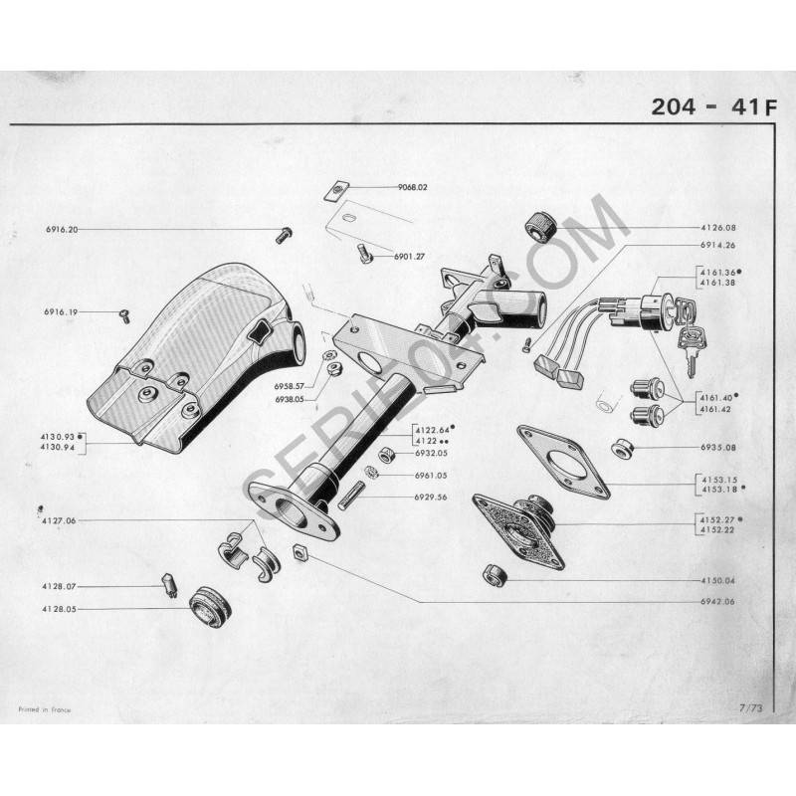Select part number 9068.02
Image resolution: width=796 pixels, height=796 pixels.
411,187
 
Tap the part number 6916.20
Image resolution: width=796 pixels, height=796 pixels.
61,229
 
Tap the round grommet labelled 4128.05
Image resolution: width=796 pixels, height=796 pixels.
210,605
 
